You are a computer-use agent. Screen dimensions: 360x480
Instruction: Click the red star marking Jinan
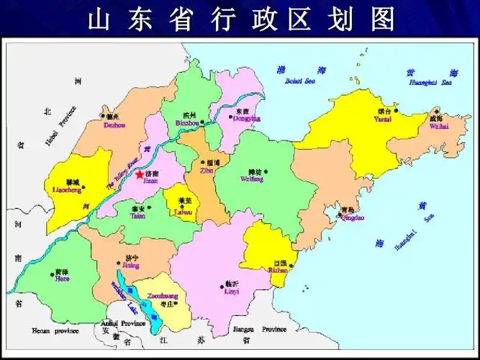coord(139,174)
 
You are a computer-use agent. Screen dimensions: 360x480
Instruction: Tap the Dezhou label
coord(114,125)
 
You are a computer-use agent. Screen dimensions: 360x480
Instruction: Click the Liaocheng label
coord(68,190)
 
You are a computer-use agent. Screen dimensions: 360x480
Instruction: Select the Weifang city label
coord(251,178)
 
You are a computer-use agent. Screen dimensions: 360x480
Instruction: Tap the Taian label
coord(138,215)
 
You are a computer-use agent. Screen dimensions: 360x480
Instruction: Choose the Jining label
coord(131,265)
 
